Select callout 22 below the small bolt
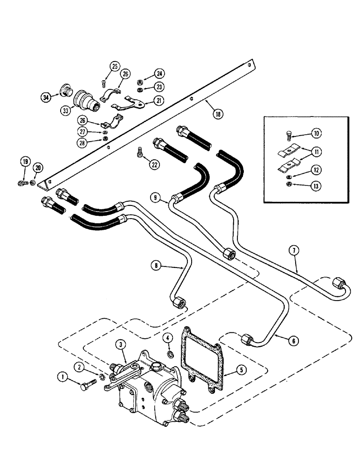(152, 163)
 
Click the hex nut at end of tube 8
(178, 303)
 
